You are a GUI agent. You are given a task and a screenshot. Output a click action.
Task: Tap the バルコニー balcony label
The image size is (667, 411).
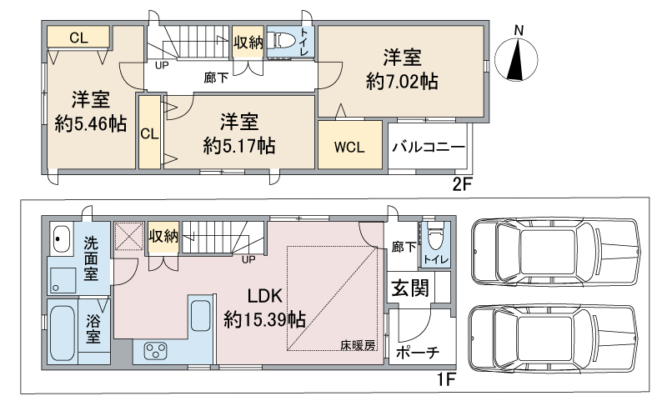(429, 147)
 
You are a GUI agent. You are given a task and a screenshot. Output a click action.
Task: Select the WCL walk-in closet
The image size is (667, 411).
(349, 148)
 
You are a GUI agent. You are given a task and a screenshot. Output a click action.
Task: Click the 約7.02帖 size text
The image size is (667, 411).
(402, 82)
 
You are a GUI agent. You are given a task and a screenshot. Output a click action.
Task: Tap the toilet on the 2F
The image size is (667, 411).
(284, 40)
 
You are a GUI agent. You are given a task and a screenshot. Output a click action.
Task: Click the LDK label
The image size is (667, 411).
(265, 296)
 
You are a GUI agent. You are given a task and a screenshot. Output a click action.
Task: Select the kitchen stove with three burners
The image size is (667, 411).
(156, 351)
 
